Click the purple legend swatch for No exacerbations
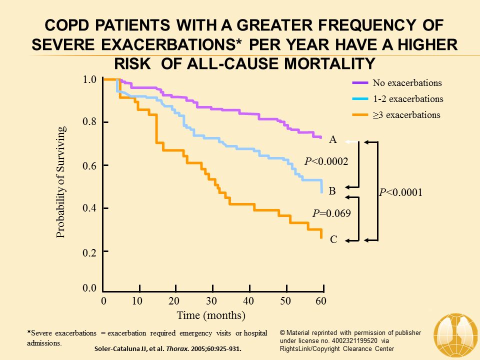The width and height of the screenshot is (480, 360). (x=360, y=83)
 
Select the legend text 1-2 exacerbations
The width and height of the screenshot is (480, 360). (x=408, y=99)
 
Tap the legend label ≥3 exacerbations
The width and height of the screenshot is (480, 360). (x=406, y=115)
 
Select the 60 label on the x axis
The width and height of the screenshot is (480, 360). (x=321, y=301)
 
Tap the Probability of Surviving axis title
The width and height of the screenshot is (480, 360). (x=61, y=182)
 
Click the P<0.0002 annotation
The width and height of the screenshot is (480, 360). (x=326, y=161)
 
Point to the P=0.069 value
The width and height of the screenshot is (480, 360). (x=331, y=213)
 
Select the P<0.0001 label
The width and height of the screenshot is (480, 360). (x=400, y=192)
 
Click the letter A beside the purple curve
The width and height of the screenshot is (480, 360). (x=333, y=140)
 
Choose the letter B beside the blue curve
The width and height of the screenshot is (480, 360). (x=333, y=190)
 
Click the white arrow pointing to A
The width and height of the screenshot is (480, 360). (x=352, y=142)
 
